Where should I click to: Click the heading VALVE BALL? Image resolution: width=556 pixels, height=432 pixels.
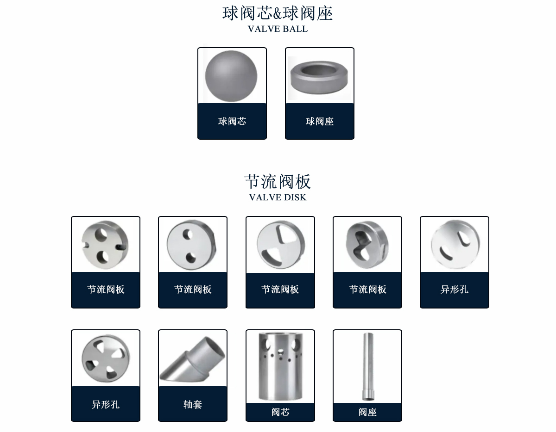(278, 29)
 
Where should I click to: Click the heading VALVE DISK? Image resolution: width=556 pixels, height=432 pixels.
(278, 197)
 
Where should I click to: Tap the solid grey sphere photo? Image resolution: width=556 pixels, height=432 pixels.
(231, 76)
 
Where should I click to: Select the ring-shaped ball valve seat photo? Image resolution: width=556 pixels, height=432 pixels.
(319, 77)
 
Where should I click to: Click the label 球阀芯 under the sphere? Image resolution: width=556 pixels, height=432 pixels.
(232, 121)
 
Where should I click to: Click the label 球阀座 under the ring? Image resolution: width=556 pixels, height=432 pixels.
(320, 121)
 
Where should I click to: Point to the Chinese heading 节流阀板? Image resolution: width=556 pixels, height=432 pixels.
(278, 182)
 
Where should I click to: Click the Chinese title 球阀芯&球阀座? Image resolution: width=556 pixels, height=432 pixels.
(278, 13)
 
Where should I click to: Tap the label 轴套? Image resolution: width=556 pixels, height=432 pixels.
(193, 404)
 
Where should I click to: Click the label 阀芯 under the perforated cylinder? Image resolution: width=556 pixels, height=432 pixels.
(280, 412)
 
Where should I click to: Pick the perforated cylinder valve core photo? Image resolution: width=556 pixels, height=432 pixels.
(280, 366)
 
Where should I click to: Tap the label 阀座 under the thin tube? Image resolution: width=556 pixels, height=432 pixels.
(367, 412)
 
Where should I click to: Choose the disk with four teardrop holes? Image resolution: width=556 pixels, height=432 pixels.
(106, 358)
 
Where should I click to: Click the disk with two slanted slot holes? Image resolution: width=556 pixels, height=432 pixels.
(455, 244)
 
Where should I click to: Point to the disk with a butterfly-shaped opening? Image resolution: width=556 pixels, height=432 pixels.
(367, 245)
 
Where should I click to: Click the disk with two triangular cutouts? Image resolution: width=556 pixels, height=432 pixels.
(281, 245)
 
